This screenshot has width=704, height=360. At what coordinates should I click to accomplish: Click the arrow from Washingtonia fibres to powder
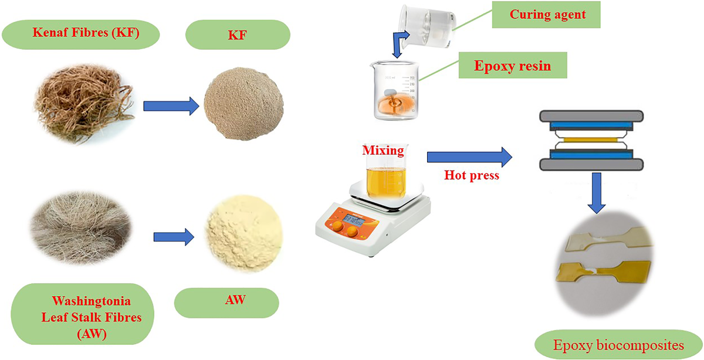pyautogui.click(x=174, y=237)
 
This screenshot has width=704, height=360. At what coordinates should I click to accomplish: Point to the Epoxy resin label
pyautogui.click(x=513, y=65)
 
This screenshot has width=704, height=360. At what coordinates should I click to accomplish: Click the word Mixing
pyautogui.click(x=383, y=151)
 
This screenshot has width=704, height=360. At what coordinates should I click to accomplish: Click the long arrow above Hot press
pyautogui.click(x=469, y=157)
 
